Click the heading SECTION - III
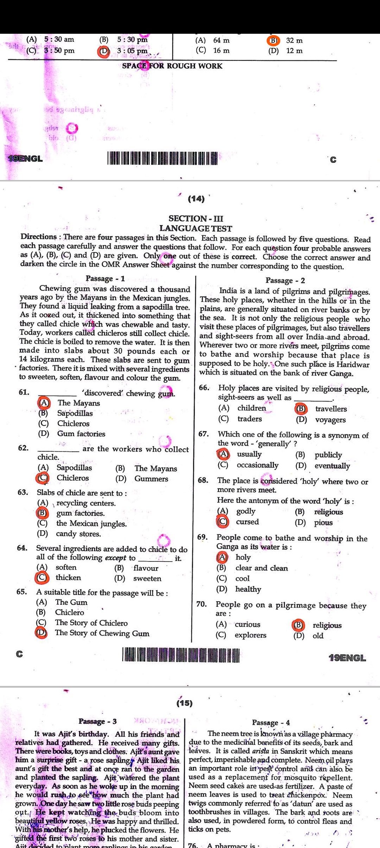point(196,218)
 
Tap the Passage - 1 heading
point(105,278)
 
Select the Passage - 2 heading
point(285,280)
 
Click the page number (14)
point(196,199)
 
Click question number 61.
point(24,392)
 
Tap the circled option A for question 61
point(44,403)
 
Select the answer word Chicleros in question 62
point(73,478)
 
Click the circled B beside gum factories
point(42,513)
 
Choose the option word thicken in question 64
point(68,577)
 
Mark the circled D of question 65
point(41,633)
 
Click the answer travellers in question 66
point(331,409)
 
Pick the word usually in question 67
point(249,454)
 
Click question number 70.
point(201,604)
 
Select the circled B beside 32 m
point(273,40)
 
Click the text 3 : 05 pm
point(132,51)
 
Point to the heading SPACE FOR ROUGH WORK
point(172,66)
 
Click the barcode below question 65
point(180,655)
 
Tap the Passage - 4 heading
point(271,722)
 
